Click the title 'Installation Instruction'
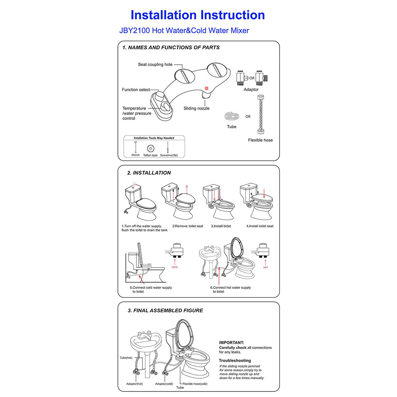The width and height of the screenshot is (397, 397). [198, 15]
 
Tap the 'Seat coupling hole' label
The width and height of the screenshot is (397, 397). [155, 64]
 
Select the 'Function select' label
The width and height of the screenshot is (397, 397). [136, 90]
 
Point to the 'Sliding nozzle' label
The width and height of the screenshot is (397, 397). [196, 108]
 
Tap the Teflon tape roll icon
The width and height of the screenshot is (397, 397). [150, 148]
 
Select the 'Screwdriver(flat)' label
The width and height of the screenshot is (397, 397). [169, 156]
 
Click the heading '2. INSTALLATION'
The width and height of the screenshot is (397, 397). [149, 173]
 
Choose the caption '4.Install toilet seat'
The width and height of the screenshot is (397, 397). [260, 226]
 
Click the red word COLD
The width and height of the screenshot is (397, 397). [175, 267]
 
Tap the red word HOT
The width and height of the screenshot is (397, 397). [266, 267]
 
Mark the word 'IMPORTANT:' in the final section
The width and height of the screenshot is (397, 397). [232, 342]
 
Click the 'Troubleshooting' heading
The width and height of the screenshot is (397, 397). [235, 360]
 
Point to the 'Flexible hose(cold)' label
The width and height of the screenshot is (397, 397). [195, 384]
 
